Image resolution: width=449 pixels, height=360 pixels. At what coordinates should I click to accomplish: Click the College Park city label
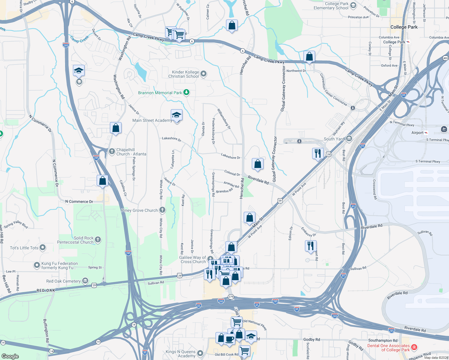coord(404,27)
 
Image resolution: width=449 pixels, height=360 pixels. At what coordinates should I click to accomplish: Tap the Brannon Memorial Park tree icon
coord(186,92)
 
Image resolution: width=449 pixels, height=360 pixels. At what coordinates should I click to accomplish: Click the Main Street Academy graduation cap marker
coord(176,115)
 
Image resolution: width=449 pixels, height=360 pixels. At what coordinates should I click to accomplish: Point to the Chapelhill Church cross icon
coord(112,151)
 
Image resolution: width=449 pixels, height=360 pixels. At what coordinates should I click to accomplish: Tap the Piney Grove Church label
coord(139,210)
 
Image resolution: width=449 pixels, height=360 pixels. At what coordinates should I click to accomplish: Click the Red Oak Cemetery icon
coord(85,281)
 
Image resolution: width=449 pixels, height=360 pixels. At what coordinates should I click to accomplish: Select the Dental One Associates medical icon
coord(414,347)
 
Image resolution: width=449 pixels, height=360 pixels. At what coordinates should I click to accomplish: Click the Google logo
coord(10,356)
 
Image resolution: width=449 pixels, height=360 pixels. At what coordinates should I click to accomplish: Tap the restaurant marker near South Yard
coord(318,154)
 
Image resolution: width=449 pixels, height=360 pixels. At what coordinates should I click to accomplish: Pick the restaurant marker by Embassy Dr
coord(311,246)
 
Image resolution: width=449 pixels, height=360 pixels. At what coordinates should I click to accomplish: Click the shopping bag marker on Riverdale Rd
coord(258,164)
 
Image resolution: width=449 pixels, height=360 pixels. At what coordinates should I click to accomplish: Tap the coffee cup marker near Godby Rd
coord(230,339)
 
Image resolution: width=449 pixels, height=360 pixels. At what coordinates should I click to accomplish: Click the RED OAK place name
coord(46,290)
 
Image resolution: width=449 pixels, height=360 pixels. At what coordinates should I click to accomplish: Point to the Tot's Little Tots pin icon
coord(43,247)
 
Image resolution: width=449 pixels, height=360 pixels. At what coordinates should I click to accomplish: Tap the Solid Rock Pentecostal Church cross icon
coord(98,240)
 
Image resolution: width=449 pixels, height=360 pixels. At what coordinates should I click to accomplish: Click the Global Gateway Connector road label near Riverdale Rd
coord(274,159)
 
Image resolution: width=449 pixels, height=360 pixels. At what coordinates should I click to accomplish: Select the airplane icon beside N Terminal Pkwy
coord(444,129)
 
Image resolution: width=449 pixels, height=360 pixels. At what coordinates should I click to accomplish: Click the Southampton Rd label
coord(383,340)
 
